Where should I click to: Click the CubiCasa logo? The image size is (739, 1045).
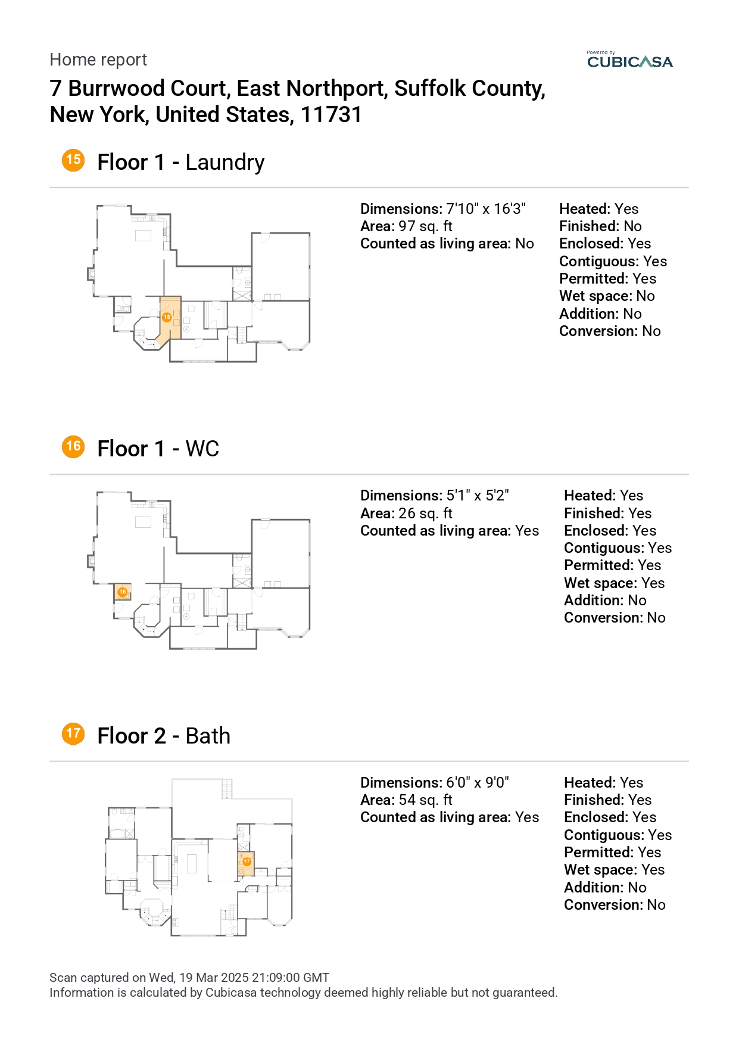629,60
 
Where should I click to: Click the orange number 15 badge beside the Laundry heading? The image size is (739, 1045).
73,160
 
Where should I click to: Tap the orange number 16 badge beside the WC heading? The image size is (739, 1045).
73,446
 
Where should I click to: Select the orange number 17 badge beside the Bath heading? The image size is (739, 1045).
73,733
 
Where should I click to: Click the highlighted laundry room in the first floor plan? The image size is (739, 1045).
170,319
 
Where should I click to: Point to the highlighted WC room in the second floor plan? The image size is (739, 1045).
123,592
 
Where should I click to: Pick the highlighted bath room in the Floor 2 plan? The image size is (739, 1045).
247,863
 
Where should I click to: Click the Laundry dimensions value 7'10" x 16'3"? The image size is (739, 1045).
486,209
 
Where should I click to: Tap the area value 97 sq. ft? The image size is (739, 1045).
425,226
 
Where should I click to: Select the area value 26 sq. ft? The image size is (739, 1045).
425,514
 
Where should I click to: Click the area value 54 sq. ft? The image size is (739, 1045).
425,800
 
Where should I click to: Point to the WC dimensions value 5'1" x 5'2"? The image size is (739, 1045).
478,496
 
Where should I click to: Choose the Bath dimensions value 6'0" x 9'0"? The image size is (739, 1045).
478,783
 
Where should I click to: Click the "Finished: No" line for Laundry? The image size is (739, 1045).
600,226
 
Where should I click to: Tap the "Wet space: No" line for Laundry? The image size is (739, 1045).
607,296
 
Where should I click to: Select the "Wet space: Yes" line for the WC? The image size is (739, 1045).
614,583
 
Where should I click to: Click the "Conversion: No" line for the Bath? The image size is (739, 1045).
615,905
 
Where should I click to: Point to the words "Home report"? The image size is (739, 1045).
98,60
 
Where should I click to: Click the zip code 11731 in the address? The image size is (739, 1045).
331,114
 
